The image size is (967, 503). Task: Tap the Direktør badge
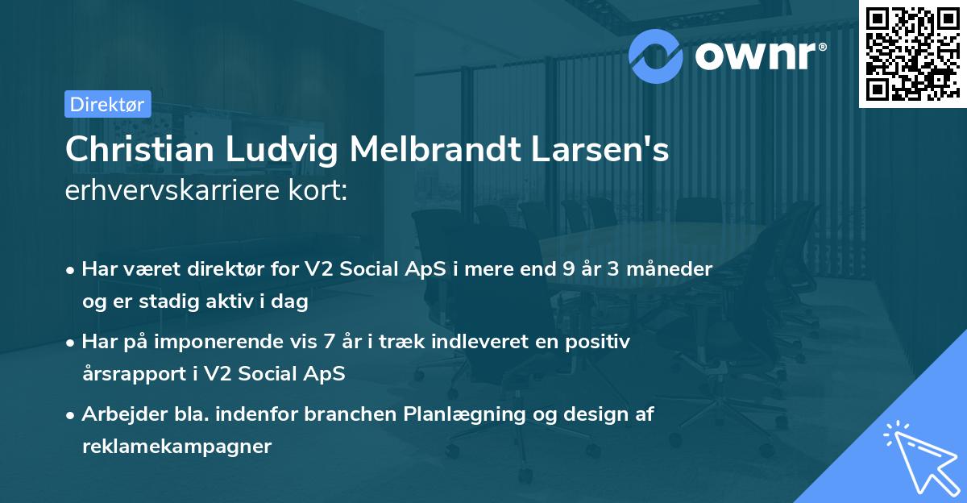coord(107,104)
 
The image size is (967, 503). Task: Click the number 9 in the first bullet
coord(570,269)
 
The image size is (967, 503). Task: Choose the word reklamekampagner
coord(176,447)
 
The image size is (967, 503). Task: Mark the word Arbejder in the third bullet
coord(118,414)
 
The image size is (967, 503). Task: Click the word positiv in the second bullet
coord(601,342)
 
